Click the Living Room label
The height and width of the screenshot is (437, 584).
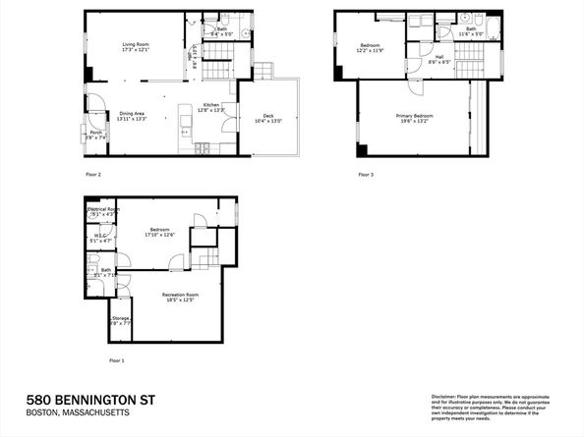137,44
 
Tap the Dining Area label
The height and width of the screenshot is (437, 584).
135,115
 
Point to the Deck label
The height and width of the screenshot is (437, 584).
261,119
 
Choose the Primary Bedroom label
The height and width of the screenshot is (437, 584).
415,117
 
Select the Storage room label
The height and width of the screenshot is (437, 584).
120,319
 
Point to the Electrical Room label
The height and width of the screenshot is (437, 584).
103,210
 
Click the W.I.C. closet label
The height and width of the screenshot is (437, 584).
101,236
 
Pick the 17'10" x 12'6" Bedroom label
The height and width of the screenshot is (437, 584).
158,232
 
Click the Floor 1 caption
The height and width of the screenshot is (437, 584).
117,360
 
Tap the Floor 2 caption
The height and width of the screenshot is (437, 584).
93,174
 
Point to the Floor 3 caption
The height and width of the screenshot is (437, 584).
365,174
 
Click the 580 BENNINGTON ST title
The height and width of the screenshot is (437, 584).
92,400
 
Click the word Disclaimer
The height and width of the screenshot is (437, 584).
444,396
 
